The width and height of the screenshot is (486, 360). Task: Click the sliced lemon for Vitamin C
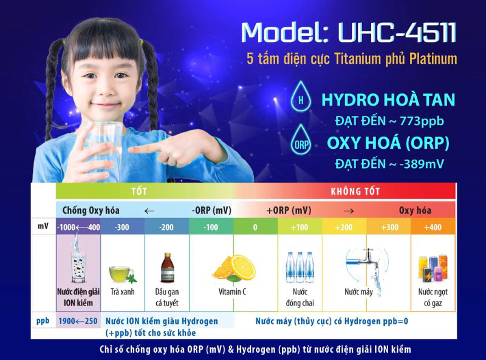tap(233, 267)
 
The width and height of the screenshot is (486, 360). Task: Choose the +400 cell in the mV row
tap(433, 227)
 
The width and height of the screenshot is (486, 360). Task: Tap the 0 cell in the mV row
tap(255, 227)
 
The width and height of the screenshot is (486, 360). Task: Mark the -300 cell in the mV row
tap(122, 227)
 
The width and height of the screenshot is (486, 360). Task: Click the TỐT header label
tap(139, 191)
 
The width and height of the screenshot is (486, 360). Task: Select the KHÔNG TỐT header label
tap(355, 191)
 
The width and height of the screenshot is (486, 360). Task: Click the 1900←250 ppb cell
tap(78, 321)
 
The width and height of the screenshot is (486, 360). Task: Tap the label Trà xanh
tap(122, 292)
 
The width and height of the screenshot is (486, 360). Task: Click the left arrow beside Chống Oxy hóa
tap(149, 211)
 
